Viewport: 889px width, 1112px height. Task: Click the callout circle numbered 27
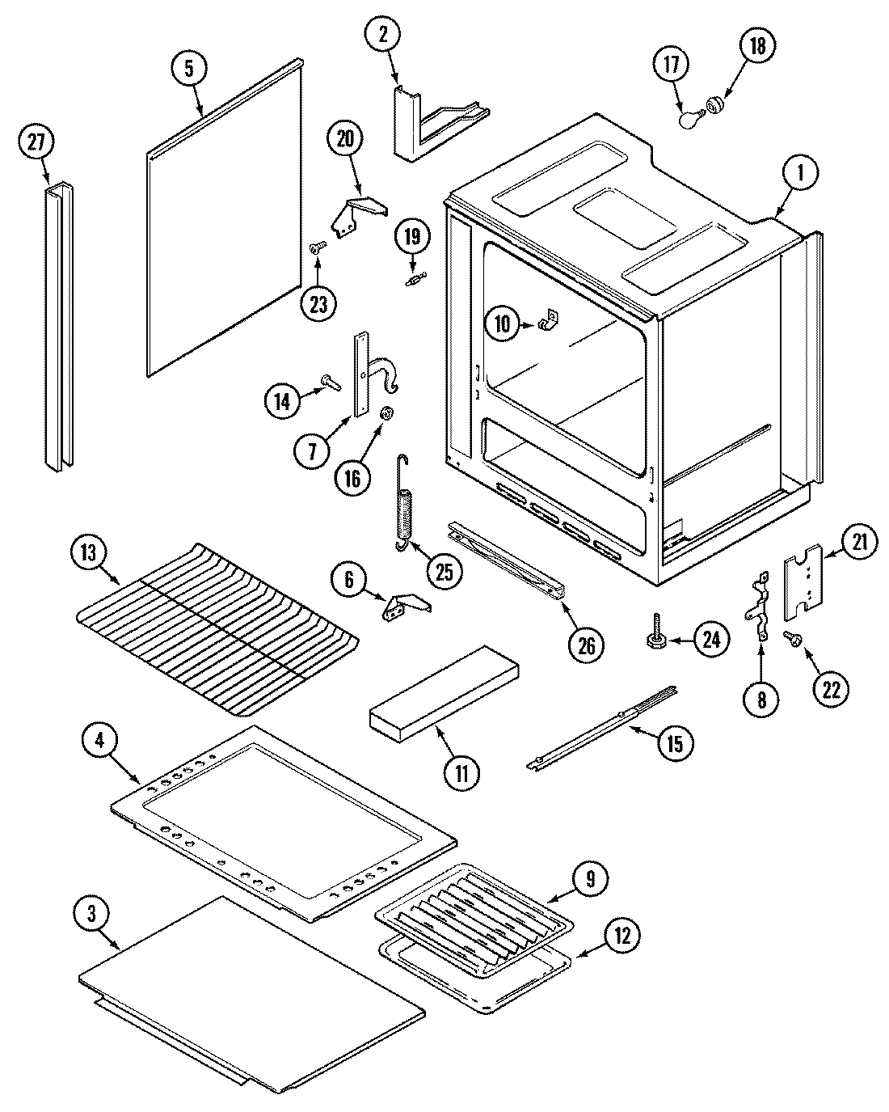point(36,142)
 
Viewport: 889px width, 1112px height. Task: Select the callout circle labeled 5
point(188,69)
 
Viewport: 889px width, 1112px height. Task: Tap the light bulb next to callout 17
point(688,119)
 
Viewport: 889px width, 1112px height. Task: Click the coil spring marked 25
point(405,505)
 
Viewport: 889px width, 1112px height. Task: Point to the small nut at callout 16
point(387,413)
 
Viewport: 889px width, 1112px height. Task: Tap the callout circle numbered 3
point(92,913)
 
